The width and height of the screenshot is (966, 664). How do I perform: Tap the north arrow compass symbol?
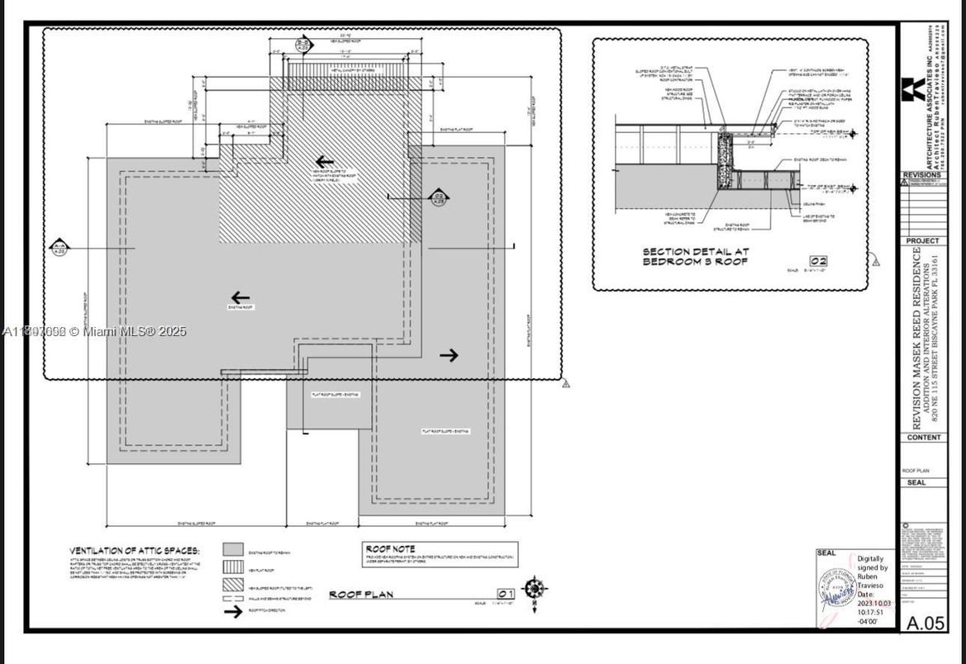[535, 589]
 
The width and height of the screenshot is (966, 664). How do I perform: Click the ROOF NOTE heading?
[390, 548]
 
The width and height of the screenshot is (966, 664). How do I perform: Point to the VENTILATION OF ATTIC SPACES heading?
[134, 550]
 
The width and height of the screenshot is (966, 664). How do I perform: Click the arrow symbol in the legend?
[233, 611]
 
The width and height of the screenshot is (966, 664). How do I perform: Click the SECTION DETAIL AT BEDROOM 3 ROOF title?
[697, 256]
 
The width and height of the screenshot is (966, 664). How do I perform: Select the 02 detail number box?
[818, 262]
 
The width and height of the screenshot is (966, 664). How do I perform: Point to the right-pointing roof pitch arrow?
[449, 355]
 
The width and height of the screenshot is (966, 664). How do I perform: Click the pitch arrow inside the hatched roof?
[325, 162]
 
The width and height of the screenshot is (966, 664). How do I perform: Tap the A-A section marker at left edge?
[59, 247]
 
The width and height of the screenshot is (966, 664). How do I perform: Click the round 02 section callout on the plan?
[439, 197]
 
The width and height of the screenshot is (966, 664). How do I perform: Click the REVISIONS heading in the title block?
[923, 175]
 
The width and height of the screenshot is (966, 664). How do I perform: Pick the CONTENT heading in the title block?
[923, 438]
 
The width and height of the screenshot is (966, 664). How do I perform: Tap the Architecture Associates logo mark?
[914, 88]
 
